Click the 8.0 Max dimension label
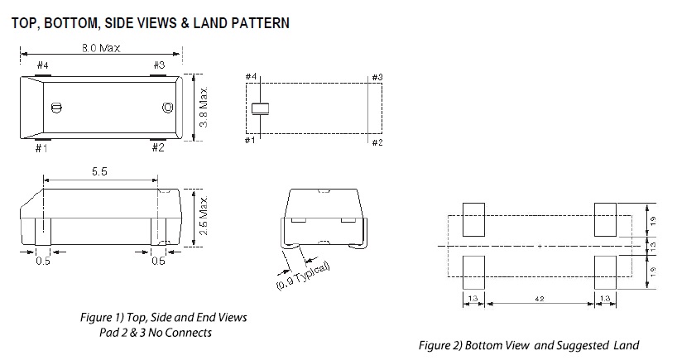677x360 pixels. pos(100,48)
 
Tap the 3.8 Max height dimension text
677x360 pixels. pos(202,108)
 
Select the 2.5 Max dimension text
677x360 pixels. pos(202,215)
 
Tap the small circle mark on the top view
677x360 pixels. pos(167,108)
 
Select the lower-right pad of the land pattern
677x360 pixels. pos(605,271)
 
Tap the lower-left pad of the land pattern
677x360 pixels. pos(473,271)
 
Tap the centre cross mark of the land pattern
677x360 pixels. pos(540,246)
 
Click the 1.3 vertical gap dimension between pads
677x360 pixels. pos(653,246)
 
